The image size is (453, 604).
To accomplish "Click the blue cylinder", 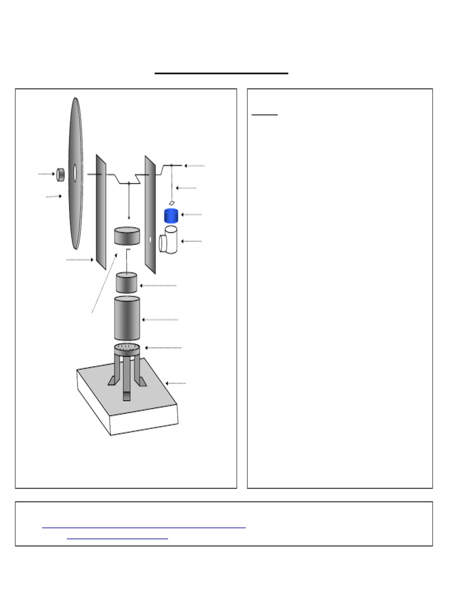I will pyautogui.click(x=171, y=215).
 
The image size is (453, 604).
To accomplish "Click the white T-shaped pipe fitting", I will pyautogui.click(x=169, y=240).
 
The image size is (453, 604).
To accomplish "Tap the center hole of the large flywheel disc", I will pyautogui.click(x=75, y=173).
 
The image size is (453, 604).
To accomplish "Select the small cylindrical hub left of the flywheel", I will pyautogui.click(x=60, y=174).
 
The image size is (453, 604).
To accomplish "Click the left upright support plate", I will pyautogui.click(x=101, y=212).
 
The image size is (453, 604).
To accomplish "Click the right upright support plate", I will pyautogui.click(x=150, y=215).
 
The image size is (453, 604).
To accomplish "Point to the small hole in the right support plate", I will pyautogui.click(x=150, y=240).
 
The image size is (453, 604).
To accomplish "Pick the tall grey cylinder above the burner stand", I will pyautogui.click(x=127, y=319).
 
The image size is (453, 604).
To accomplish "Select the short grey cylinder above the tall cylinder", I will pyautogui.click(x=126, y=283).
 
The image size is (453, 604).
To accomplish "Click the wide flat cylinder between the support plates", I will pyautogui.click(x=127, y=236).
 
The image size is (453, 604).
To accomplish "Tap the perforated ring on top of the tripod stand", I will pyautogui.click(x=127, y=347).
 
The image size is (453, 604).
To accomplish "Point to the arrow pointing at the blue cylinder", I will pyautogui.click(x=191, y=215).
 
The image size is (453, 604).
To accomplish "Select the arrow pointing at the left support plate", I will pyautogui.click(x=80, y=260).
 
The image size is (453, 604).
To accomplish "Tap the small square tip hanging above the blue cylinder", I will pyautogui.click(x=172, y=202).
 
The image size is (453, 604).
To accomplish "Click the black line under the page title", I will pyautogui.click(x=221, y=73).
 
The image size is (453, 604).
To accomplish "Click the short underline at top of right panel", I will pyautogui.click(x=264, y=115).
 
